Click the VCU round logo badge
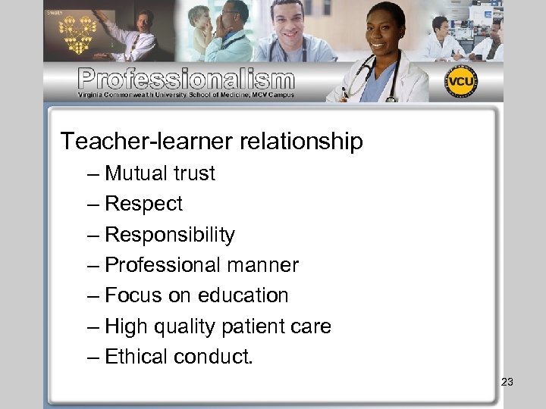click(461, 82)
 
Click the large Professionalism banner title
click(186, 78)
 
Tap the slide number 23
click(507, 382)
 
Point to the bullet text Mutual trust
click(160, 173)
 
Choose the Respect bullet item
click(144, 204)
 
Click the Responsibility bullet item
click(170, 235)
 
